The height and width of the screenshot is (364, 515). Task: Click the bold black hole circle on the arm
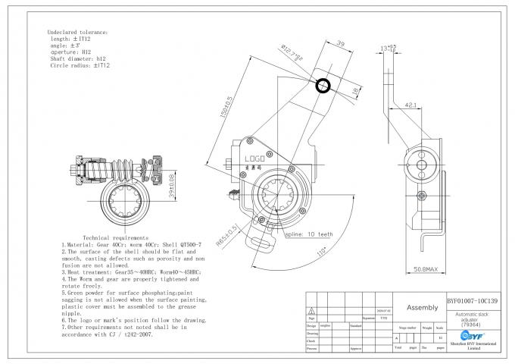[323, 85]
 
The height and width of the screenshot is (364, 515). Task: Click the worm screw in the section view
[126, 168]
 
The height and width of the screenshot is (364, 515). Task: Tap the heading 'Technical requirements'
[116, 238]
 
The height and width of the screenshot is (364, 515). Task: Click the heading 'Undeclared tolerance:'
[79, 33]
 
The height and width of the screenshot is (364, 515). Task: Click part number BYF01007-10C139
[472, 300]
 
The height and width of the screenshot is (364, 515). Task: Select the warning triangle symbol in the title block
[311, 311]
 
